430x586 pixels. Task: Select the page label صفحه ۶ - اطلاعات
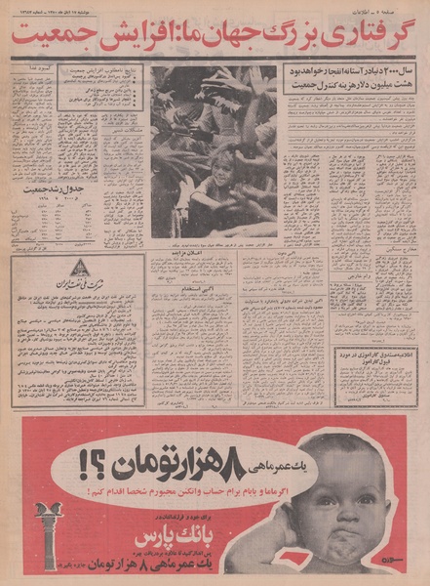(x=394, y=8)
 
